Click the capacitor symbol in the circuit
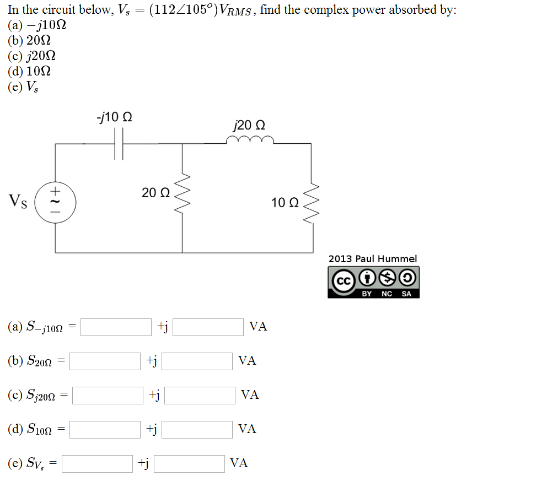coord(119,144)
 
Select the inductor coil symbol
coord(250,141)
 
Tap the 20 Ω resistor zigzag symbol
coord(183,193)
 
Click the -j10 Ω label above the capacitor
coord(114,117)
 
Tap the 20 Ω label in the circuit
coord(155,193)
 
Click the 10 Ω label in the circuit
coord(285,203)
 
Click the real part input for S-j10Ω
coord(116,327)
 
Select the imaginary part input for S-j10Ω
coord(208,327)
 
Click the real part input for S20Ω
coord(105,361)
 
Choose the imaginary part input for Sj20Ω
coord(200,395)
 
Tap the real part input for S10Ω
coord(105,429)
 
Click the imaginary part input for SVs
coord(189,463)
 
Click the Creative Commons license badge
coord(373,282)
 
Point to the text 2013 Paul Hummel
coord(373,258)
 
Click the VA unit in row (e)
coord(239,463)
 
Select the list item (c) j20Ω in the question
coord(32,56)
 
